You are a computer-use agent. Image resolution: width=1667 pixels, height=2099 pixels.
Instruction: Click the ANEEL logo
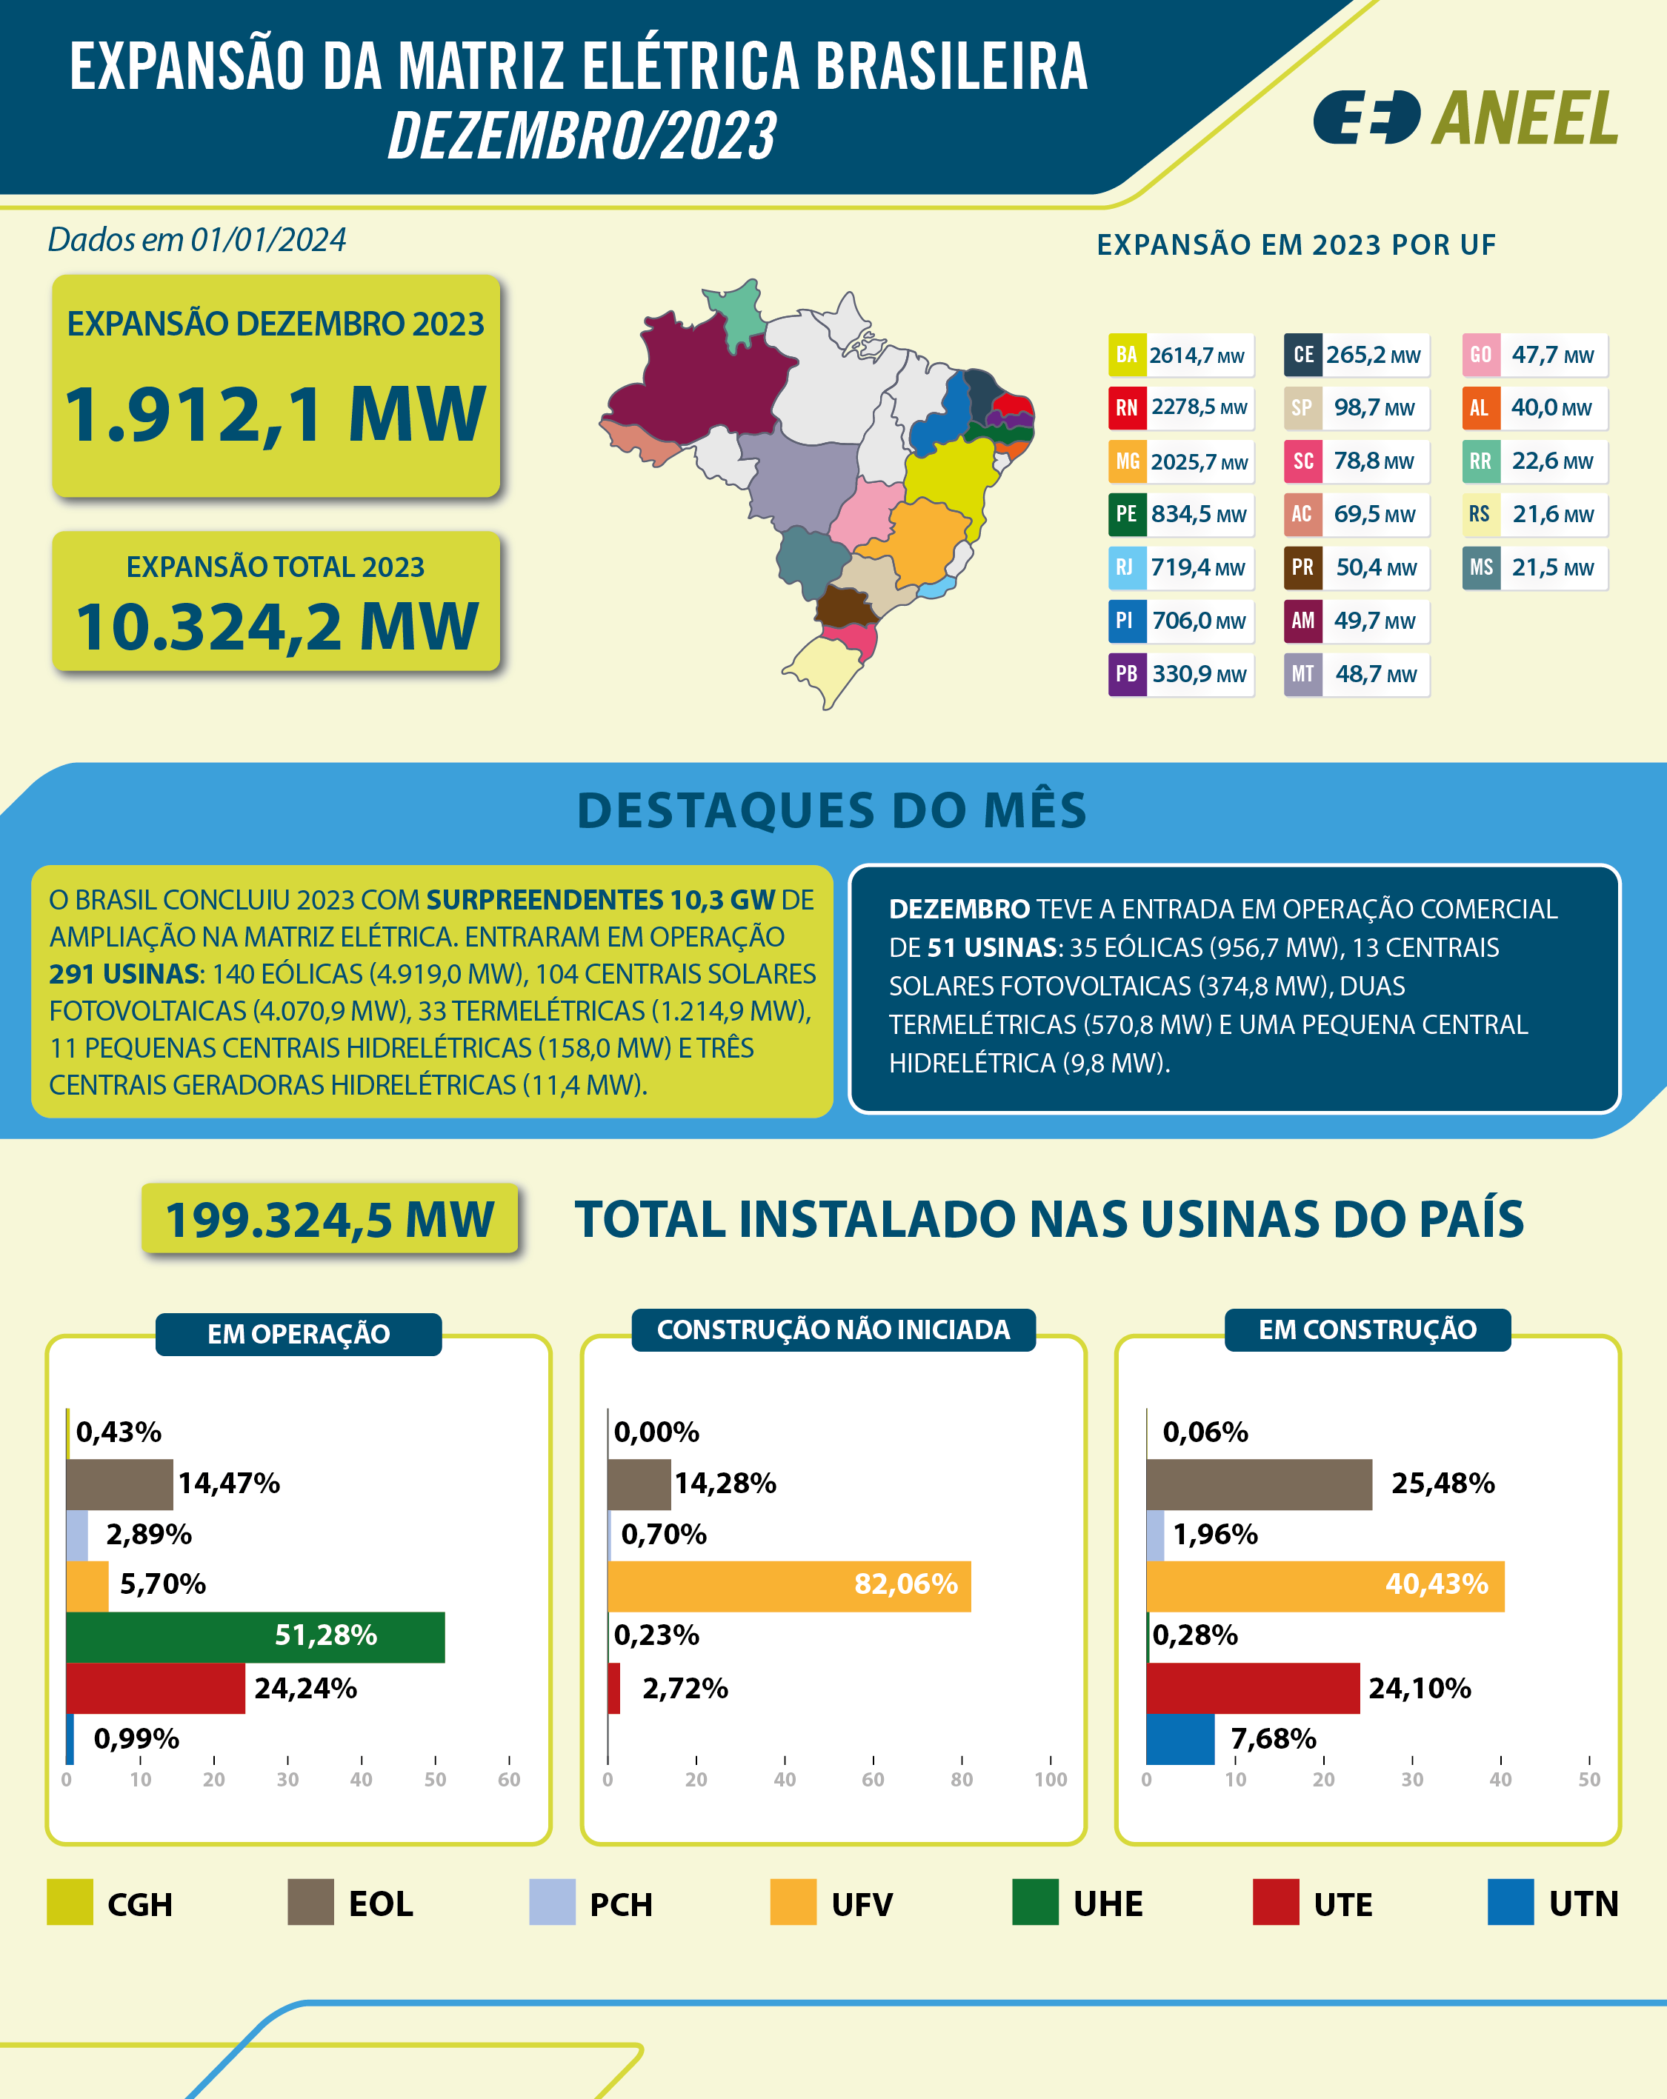1465,119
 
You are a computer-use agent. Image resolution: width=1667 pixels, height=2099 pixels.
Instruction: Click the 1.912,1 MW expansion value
275,415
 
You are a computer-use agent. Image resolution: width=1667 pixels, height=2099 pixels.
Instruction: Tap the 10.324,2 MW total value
276,626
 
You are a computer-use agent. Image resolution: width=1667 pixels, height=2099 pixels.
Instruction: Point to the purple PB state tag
1125,675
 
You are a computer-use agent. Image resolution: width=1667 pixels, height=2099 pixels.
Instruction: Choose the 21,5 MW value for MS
1552,567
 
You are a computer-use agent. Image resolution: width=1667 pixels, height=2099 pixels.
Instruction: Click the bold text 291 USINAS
124,973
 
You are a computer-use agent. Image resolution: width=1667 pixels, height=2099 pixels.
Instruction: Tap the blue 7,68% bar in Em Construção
1180,1739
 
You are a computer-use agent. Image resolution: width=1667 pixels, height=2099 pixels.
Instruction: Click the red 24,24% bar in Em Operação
156,1688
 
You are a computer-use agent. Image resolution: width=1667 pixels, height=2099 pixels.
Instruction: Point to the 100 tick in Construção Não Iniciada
1050,1780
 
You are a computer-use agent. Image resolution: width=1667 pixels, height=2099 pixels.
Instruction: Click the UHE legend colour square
1034,1902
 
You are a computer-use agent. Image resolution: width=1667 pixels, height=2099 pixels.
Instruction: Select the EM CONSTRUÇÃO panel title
1366,1330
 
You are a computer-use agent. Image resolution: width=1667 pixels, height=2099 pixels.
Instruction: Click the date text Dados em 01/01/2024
196,239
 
